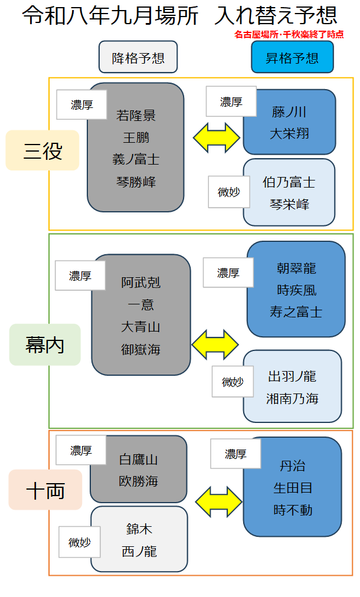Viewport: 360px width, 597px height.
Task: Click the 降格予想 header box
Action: pos(138,57)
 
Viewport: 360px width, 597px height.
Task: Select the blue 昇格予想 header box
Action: pos(292,57)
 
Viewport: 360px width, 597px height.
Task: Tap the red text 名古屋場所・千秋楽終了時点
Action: pos(289,34)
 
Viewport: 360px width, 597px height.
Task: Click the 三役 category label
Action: pos(42,150)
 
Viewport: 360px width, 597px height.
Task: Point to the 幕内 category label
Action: pos(45,345)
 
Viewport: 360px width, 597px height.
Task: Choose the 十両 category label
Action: pos(45,490)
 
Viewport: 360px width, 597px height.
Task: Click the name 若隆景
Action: pos(136,116)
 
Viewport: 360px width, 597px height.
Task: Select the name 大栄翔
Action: pos(289,134)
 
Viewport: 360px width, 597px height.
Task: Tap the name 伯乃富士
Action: pos(289,182)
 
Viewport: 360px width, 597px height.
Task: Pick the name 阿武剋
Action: pos(140,283)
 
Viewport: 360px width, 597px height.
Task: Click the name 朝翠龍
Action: pos(296,268)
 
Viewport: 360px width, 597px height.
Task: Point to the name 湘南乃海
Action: pos(292,399)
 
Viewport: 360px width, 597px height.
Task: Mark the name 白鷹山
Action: pos(138,460)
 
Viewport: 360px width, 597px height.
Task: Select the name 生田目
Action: pos(293,488)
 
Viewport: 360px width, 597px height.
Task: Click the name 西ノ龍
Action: pos(139,552)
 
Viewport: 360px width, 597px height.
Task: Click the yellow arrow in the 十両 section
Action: pos(219,502)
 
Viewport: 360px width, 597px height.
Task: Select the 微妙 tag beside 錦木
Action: pos(80,542)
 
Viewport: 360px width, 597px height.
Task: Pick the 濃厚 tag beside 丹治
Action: pos(235,454)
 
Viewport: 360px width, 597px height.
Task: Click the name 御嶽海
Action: pos(140,349)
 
